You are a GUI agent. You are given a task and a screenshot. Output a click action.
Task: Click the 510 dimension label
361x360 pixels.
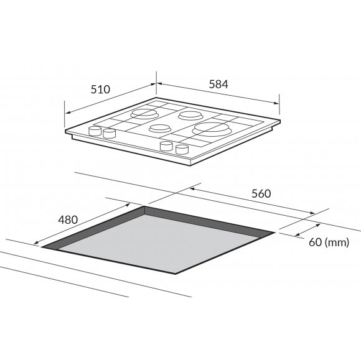(100, 90)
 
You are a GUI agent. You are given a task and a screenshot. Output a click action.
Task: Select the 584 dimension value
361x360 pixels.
(218, 84)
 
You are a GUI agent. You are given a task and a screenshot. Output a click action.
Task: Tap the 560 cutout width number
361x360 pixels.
(261, 194)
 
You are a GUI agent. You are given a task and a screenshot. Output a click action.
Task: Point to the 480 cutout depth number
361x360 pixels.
(68, 219)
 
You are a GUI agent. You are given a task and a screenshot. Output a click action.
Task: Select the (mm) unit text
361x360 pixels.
(337, 242)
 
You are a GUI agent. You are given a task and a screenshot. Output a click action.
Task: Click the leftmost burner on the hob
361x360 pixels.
(144, 114)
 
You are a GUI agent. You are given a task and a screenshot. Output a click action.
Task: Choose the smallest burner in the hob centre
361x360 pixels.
(160, 128)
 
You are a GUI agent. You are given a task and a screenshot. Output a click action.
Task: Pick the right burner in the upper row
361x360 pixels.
(190, 116)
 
